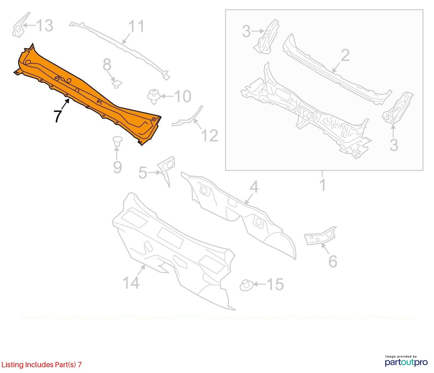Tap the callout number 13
coord(45,26)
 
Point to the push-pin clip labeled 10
coord(154,97)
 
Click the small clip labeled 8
coord(117,84)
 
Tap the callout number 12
coord(209,136)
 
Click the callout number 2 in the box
coord(345,56)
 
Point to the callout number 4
coord(254,187)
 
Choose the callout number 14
coord(131,283)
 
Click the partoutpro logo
coord(406,362)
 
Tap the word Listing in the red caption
coord(13,365)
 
